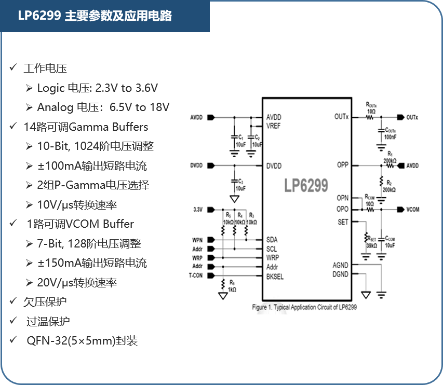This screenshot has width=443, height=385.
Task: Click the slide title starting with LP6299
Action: point(95,16)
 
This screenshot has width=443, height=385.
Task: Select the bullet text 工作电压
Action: point(45,68)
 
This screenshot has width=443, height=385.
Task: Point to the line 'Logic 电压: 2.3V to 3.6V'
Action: point(97,88)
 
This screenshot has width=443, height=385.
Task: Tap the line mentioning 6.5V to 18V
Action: point(103,107)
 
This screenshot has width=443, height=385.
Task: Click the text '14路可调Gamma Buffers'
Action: point(86,127)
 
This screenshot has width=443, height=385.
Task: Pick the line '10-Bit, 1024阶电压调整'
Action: point(95,146)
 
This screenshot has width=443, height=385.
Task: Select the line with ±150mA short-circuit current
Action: point(92,263)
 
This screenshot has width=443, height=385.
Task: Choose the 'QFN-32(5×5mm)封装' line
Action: point(82,341)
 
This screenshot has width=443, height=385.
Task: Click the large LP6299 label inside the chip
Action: point(306,186)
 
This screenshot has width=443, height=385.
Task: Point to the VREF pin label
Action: point(274,126)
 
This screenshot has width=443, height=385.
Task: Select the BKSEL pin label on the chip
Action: point(275,276)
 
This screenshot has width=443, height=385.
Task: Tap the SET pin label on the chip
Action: point(343,222)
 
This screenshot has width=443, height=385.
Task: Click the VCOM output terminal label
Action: point(413,210)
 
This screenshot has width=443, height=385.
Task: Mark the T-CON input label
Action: point(196,276)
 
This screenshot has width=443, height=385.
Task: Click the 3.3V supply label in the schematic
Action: point(197,210)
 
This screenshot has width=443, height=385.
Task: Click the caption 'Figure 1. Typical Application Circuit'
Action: point(304,307)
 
